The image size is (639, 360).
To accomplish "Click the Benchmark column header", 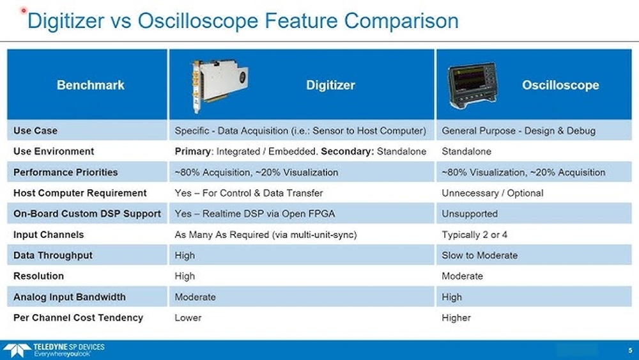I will point(90,84).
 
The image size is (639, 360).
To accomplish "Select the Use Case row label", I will point(36,130).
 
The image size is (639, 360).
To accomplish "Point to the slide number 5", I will point(629,349).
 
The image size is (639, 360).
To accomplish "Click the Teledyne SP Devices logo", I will point(54,350).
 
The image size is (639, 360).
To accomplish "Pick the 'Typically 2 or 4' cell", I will point(474,235).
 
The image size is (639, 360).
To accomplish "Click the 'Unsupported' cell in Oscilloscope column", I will point(469,214).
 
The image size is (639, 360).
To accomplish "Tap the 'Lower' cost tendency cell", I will point(188,318).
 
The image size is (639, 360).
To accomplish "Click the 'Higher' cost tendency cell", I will point(456,318).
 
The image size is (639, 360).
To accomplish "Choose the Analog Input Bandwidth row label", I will point(70,297).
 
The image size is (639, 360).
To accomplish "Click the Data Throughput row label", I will point(53,255).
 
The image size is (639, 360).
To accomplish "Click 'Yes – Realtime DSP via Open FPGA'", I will point(254,214).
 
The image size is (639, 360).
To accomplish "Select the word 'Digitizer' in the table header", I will point(330,84).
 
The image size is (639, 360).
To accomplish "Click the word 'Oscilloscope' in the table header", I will point(560,84).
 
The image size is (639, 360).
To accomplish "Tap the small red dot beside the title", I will point(24,12).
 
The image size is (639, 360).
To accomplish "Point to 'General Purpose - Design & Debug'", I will point(518,130).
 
